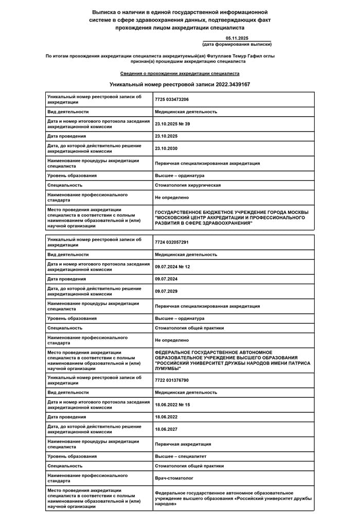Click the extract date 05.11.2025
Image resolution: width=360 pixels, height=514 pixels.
pyautogui.click(x=237, y=39)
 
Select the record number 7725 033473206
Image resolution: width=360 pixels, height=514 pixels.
pyautogui.click(x=172, y=99)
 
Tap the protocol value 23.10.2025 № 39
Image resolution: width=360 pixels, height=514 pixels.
pyautogui.click(x=172, y=124)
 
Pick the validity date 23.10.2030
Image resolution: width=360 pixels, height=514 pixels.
pyautogui.click(x=166, y=148)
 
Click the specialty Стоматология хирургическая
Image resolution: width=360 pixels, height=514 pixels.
pyautogui.click(x=188, y=185)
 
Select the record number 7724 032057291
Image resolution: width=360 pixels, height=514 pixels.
pyautogui.click(x=172, y=242)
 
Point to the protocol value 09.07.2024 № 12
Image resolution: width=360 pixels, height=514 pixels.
pyautogui.click(x=172, y=267)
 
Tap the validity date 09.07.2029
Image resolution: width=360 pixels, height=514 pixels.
pyautogui.click(x=166, y=291)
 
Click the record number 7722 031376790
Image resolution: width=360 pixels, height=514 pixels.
pyautogui.click(x=172, y=380)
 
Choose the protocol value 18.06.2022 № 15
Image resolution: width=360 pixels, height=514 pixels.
pyautogui.click(x=172, y=405)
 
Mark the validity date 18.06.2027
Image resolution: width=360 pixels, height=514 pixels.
pyautogui.click(x=166, y=429)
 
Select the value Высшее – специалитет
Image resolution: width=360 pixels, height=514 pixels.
pyautogui.click(x=181, y=456)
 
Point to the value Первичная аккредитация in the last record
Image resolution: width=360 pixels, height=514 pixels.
pyautogui.click(x=183, y=444)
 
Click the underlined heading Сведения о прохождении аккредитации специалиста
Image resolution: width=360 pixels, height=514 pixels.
pyautogui.click(x=180, y=74)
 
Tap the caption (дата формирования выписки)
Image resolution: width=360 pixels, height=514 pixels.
pyautogui.click(x=237, y=45)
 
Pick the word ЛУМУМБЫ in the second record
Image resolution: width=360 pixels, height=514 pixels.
pyautogui.click(x=168, y=368)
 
